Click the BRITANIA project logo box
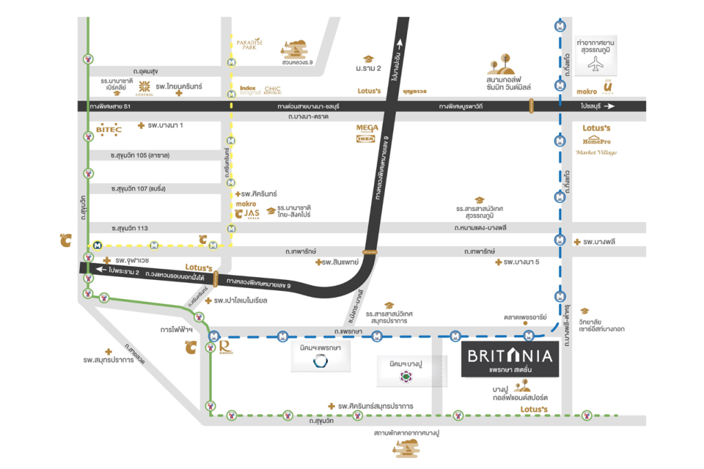509,358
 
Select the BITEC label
109,129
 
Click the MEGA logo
367,127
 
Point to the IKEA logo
365,138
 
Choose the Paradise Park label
250,45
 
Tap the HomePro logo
595,140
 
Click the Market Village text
595,152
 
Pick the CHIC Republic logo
272,89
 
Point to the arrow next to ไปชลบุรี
610,106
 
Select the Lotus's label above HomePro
596,129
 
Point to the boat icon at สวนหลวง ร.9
295,48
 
